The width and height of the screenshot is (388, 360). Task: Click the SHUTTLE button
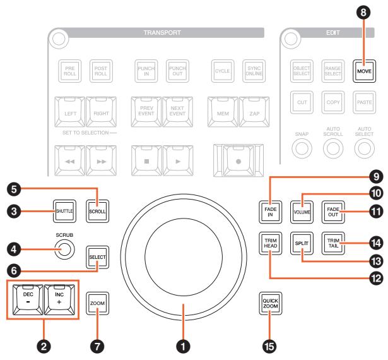[64, 211]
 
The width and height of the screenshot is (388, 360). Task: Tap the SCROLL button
[97, 211]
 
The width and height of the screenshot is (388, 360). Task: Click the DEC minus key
[28, 299]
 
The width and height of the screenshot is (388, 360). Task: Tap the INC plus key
[59, 299]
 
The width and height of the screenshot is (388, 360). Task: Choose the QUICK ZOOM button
[270, 304]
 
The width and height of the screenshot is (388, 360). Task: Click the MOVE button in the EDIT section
[364, 71]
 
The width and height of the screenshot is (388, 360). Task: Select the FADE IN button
[270, 212]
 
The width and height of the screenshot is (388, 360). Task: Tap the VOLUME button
[302, 212]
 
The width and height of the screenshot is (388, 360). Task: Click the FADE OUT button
[333, 212]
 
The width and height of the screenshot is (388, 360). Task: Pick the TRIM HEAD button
[270, 243]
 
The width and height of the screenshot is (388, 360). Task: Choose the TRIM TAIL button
[333, 243]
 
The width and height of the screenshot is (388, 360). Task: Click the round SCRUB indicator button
[64, 249]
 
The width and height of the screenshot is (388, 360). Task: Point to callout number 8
[363, 12]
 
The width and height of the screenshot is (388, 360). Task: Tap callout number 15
[269, 346]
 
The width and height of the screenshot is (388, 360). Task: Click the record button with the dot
[238, 160]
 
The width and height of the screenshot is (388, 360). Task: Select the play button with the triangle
[178, 160]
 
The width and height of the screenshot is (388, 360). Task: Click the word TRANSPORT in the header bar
[162, 33]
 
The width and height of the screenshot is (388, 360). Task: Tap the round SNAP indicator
[302, 148]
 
